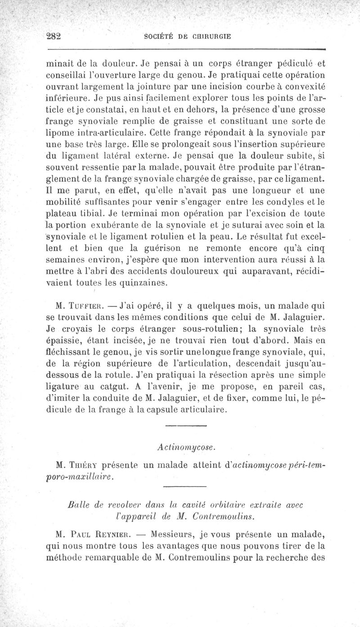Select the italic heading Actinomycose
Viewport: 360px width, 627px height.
click(x=185, y=447)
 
